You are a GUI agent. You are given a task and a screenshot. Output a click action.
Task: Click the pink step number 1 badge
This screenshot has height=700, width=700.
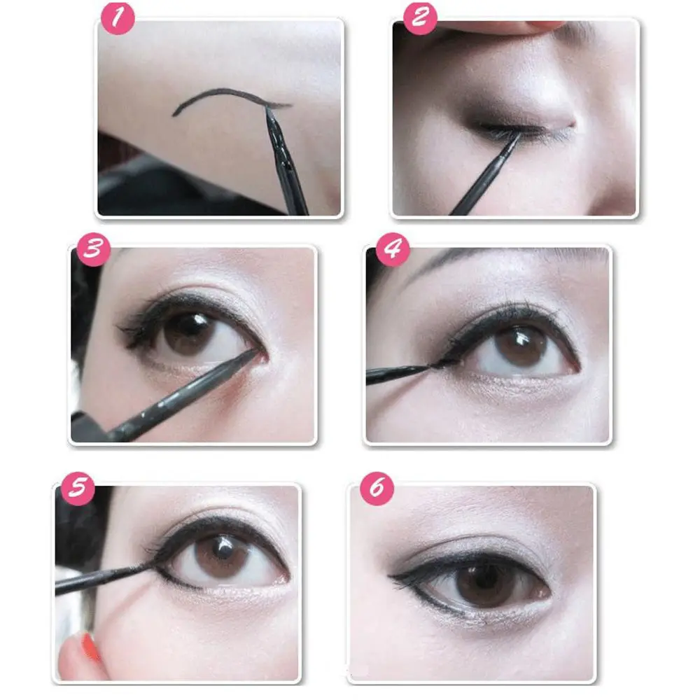(x=118, y=18)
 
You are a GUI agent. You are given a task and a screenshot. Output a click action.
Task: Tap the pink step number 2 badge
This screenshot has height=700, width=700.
(x=420, y=18)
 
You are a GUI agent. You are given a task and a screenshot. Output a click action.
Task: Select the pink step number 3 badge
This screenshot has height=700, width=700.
(x=93, y=249)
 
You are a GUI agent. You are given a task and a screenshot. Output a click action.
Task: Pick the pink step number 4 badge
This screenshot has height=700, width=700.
(x=393, y=249)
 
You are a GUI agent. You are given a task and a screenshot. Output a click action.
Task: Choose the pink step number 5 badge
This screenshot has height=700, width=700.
(x=78, y=489)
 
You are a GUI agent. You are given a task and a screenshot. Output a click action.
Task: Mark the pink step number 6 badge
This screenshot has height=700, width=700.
(x=377, y=489)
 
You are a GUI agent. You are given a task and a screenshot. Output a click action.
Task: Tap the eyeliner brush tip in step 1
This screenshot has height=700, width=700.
(x=267, y=109)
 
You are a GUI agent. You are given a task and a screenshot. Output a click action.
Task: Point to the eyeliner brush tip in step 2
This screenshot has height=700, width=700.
(x=519, y=135)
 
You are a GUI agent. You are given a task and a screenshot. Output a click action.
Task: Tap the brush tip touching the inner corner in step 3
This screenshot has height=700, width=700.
(x=257, y=351)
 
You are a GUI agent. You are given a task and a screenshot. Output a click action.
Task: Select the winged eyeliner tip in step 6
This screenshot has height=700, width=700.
(x=393, y=578)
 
